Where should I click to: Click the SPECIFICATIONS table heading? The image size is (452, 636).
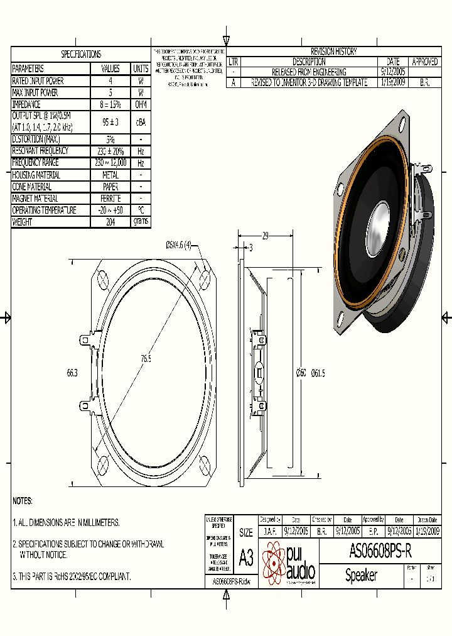click(x=80, y=55)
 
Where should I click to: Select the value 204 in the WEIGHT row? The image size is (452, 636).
click(x=110, y=222)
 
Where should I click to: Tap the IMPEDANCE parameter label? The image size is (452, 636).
click(x=26, y=104)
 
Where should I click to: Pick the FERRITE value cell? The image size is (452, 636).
click(x=110, y=199)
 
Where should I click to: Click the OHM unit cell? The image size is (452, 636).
click(x=141, y=104)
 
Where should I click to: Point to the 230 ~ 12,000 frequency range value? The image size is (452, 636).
click(x=110, y=163)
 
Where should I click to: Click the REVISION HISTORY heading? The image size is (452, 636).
click(x=333, y=52)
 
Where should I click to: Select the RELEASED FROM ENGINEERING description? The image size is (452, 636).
click(x=309, y=72)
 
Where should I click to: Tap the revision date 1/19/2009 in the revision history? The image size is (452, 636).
click(x=393, y=82)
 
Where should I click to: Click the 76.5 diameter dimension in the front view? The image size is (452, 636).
click(x=146, y=359)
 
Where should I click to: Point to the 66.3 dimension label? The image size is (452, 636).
click(x=72, y=373)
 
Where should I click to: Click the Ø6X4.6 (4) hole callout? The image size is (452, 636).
click(x=178, y=244)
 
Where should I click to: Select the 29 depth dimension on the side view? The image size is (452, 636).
click(x=265, y=236)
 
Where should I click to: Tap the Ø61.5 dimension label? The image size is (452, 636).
click(x=318, y=373)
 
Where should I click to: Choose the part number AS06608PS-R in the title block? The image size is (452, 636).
click(x=380, y=552)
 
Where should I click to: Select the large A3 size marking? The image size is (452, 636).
click(x=246, y=557)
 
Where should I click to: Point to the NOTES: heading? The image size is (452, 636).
click(x=23, y=501)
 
